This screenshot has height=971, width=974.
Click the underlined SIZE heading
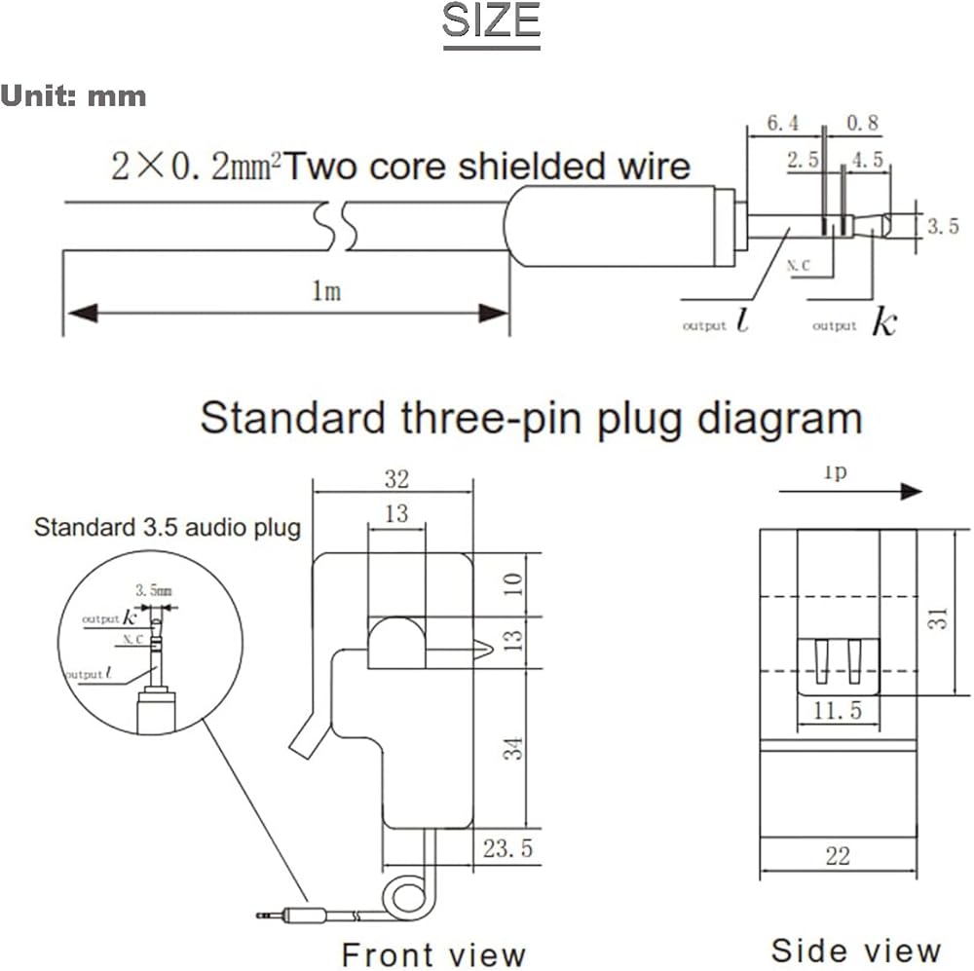[491, 22]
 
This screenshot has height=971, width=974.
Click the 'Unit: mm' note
[74, 96]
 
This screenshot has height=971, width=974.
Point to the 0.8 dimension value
[862, 123]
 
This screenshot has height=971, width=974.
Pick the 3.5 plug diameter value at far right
[942, 226]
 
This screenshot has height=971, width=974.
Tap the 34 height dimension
[515, 747]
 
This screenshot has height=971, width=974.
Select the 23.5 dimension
[507, 848]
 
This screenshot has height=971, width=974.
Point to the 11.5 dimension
[838, 711]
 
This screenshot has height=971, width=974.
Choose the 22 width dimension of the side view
[837, 856]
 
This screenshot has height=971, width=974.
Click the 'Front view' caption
[432, 954]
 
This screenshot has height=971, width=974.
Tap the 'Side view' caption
[855, 950]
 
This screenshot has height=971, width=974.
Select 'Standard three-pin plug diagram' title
[531, 419]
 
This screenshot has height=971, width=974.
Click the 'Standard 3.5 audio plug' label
[168, 529]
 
